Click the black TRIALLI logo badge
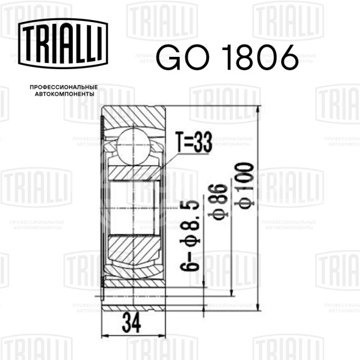click(x=63, y=43)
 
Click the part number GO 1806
click(x=227, y=57)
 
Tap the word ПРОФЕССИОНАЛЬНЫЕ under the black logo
click(x=64, y=87)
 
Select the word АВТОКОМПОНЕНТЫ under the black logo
click(x=65, y=94)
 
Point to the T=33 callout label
click(x=194, y=142)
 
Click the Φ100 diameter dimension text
click(x=244, y=186)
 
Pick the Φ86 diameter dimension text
click(x=218, y=202)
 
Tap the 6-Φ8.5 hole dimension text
click(x=190, y=235)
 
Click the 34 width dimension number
click(x=131, y=323)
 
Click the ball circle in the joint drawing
click(x=134, y=146)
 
